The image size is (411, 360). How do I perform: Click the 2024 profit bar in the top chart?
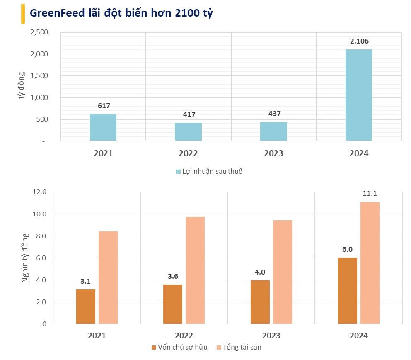point(358,95)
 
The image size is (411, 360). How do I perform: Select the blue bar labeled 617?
point(103,127)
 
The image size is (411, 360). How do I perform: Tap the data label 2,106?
point(358,41)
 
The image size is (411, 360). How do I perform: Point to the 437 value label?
point(273,114)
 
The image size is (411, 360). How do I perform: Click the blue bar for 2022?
point(188,132)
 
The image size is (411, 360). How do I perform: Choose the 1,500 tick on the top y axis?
point(39,76)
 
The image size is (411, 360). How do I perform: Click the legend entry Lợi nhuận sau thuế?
point(211,171)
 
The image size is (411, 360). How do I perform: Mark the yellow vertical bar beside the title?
point(22,14)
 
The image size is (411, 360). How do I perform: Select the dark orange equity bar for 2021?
point(86,306)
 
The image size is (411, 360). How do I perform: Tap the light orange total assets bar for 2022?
point(195,270)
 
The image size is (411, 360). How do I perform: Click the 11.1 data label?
point(370,193)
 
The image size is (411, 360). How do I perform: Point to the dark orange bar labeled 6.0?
point(347,290)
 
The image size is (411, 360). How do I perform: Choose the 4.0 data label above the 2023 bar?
point(260,272)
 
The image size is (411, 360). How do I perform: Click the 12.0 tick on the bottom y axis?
point(39,192)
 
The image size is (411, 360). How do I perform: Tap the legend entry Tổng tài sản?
point(242,347)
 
